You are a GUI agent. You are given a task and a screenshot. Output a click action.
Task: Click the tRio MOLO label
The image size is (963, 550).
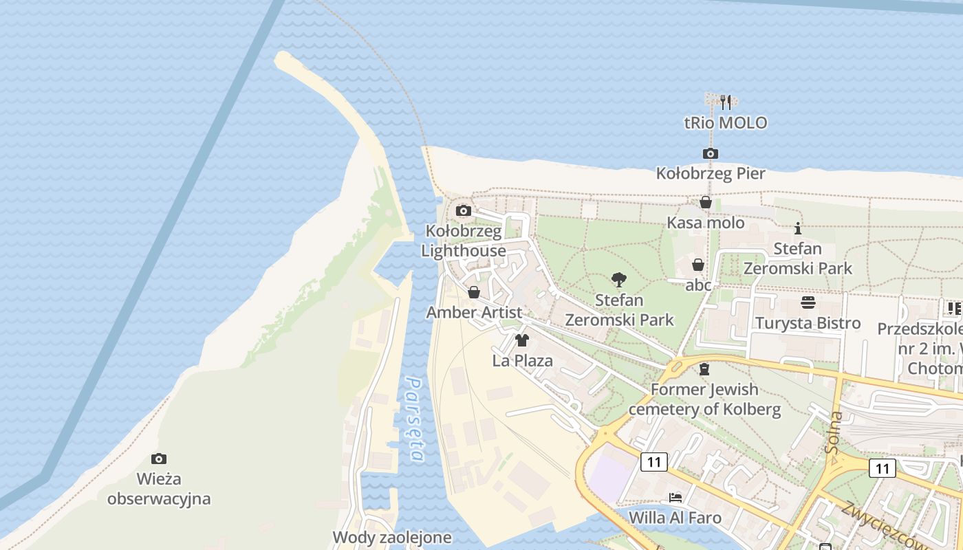[725, 123]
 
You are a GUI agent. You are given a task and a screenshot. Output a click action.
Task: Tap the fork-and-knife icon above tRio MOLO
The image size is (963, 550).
[725, 102]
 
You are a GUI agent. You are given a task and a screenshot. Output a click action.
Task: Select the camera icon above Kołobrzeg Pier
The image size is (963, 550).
[711, 153]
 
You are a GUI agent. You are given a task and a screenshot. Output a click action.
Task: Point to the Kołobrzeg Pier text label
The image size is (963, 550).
[711, 173]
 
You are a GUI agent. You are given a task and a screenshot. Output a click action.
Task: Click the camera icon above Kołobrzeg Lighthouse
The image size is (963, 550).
[464, 210]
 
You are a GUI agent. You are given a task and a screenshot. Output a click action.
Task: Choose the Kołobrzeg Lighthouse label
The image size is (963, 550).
[464, 241]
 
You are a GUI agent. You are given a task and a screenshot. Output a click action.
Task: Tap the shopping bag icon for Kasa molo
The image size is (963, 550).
[705, 202]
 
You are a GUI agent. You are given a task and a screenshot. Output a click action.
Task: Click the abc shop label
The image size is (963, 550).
[698, 285]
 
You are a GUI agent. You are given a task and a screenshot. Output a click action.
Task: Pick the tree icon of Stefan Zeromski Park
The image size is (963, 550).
[619, 279]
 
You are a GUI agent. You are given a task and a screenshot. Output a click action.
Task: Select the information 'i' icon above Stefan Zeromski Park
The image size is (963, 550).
[798, 228]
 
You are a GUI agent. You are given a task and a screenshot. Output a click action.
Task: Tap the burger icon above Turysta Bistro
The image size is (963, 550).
[808, 302]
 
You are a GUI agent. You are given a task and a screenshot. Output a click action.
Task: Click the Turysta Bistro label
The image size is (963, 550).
[808, 323]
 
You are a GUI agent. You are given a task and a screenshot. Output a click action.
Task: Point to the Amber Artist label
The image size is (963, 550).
[474, 312]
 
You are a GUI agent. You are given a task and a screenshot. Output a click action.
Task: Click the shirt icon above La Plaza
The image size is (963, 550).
[522, 340]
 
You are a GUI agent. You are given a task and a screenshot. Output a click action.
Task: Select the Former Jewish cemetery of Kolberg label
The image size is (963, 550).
[705, 399]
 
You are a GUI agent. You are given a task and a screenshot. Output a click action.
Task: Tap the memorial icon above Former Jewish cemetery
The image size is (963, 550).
[704, 369]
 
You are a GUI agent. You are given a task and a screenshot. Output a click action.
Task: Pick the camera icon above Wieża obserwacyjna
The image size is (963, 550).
[159, 459]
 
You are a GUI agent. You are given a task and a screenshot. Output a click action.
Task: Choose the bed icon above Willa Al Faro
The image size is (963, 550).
[675, 497]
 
